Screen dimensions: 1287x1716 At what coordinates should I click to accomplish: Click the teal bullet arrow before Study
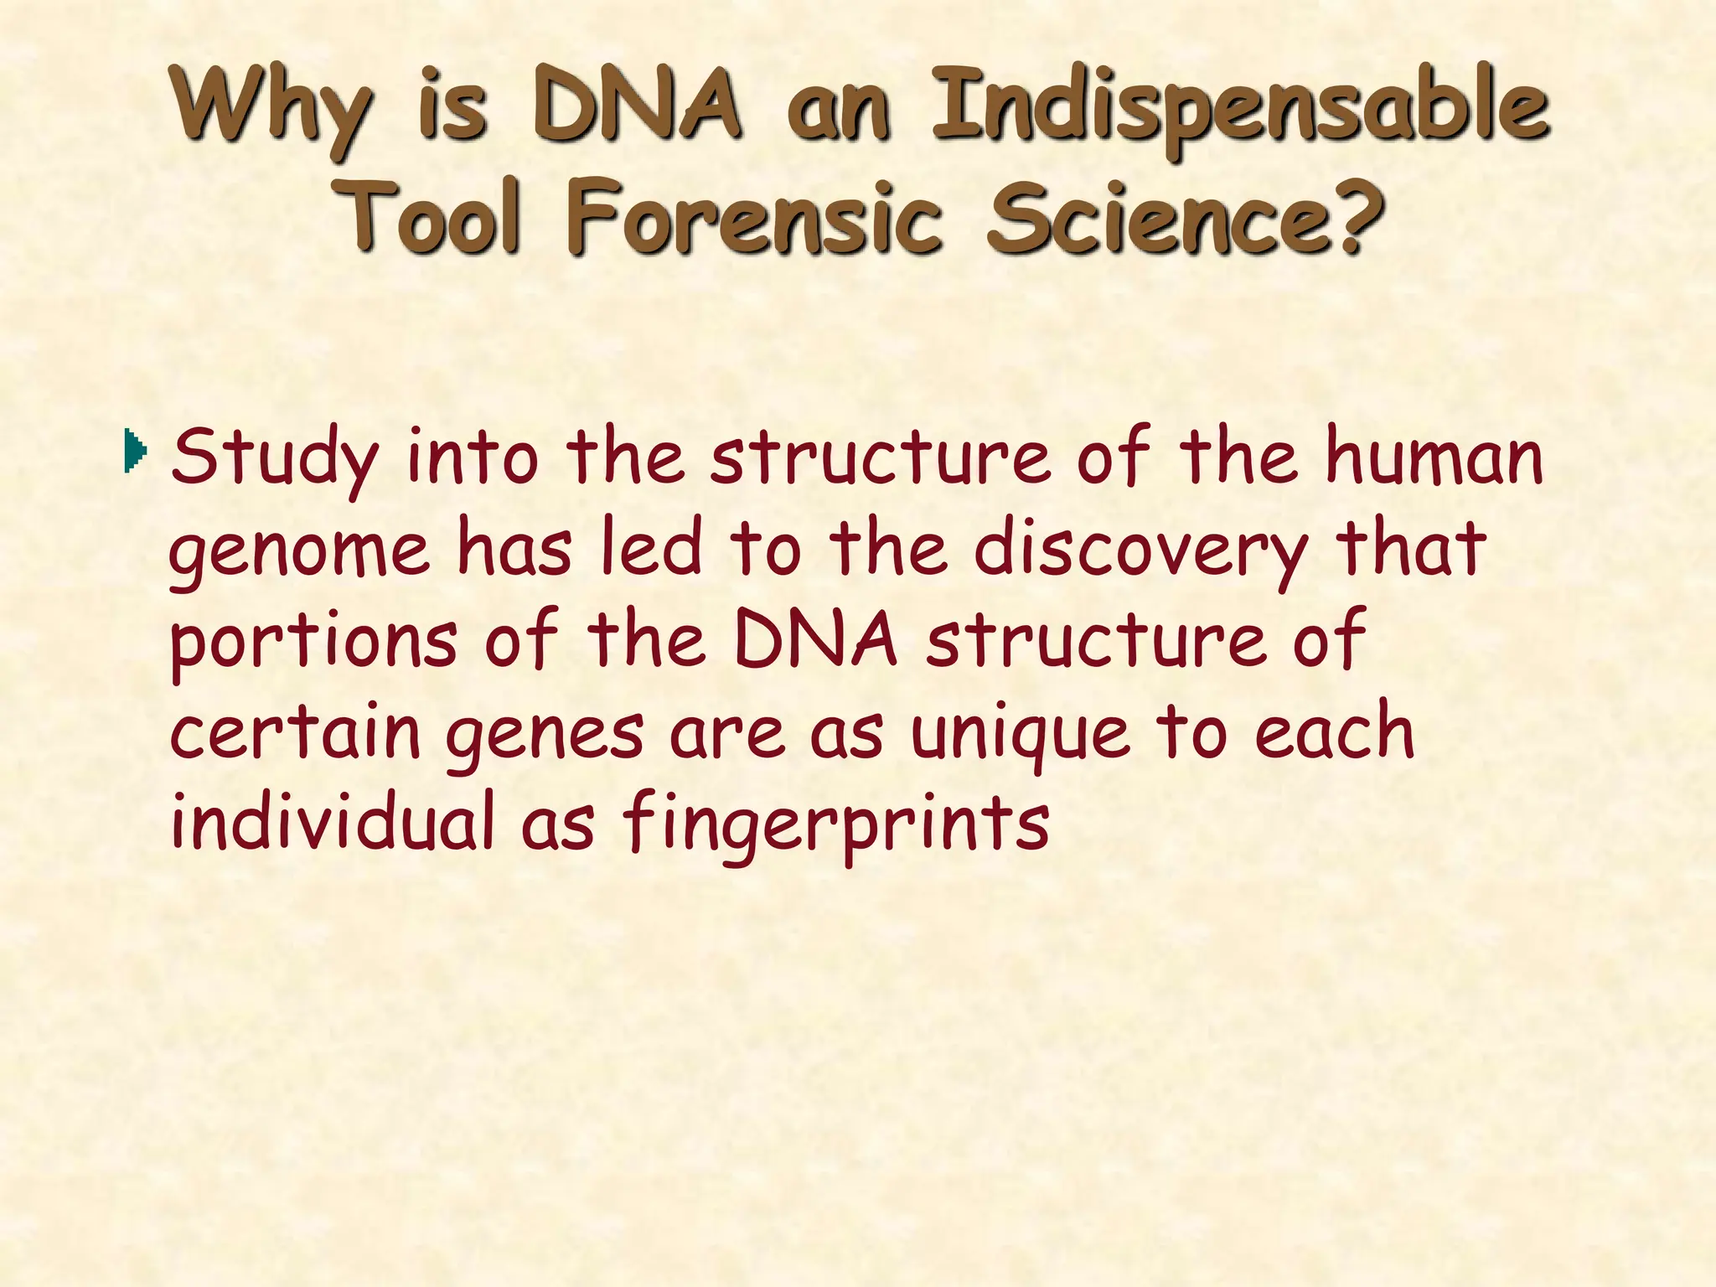point(134,451)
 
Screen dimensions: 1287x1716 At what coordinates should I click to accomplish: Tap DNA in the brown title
point(637,109)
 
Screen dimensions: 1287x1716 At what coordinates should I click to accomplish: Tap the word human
point(1434,457)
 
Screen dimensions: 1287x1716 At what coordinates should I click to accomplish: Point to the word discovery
point(1140,551)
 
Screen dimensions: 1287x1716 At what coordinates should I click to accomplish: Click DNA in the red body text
point(815,641)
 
